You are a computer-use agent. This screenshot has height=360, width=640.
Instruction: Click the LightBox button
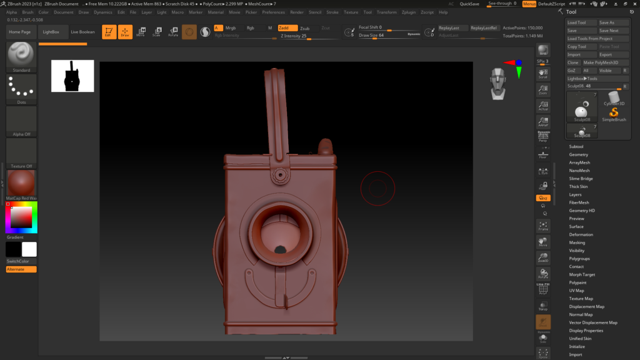[x=51, y=31]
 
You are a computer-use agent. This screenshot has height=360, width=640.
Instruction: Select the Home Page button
[x=19, y=31]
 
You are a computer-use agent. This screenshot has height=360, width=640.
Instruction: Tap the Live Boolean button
[x=82, y=31]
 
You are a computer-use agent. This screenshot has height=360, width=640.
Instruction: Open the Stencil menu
[x=315, y=12]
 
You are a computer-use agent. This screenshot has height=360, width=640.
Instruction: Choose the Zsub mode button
[x=304, y=28]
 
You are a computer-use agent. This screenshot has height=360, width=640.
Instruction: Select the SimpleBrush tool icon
[x=614, y=114]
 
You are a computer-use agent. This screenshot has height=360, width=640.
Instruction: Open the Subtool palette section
[x=576, y=147]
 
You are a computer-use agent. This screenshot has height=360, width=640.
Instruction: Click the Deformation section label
[x=581, y=234]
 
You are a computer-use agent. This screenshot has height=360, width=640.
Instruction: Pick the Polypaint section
[x=577, y=282]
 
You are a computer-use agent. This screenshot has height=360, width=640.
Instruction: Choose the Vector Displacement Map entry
[x=593, y=322]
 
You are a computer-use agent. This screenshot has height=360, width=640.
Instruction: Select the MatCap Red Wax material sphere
[x=21, y=183]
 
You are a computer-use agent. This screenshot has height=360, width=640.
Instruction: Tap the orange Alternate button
[x=21, y=269]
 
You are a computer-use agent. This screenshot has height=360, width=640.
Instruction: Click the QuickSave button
[x=469, y=4]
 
